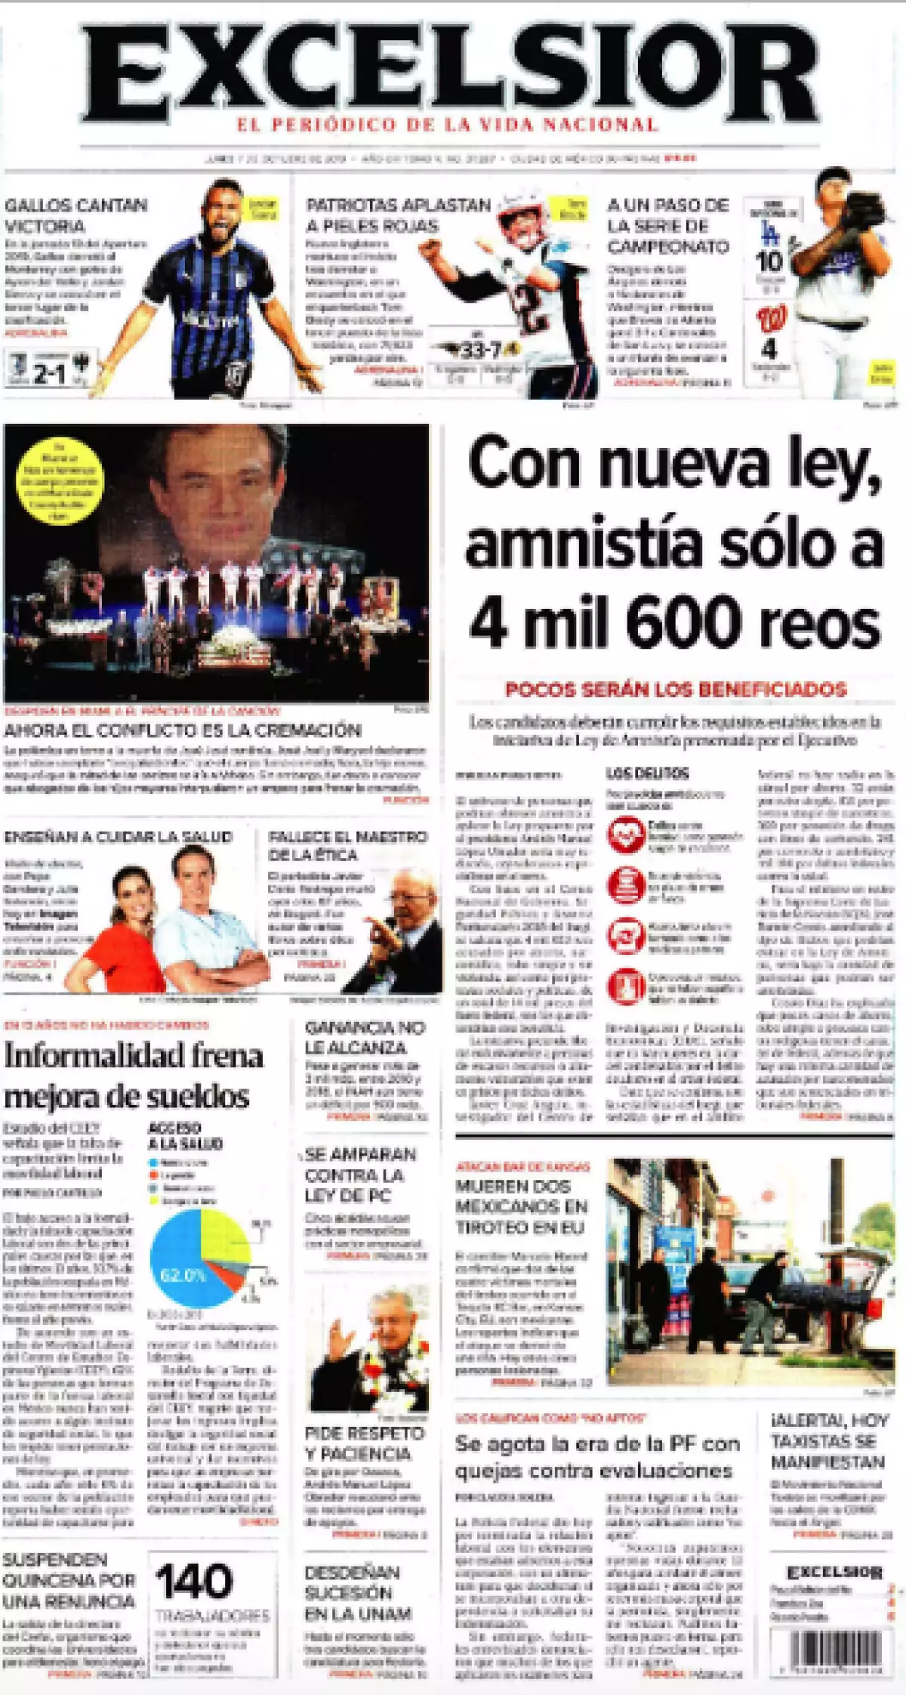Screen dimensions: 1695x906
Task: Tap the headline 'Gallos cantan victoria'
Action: tap(75, 215)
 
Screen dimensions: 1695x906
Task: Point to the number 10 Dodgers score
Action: tap(769, 261)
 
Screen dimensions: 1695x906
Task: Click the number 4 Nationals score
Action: tap(768, 349)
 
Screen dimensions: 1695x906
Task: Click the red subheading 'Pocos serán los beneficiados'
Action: tap(676, 689)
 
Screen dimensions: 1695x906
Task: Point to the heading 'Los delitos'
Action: tap(647, 773)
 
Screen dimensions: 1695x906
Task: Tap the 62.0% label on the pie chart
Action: tap(182, 1276)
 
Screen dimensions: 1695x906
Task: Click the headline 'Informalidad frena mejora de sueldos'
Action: tap(134, 1076)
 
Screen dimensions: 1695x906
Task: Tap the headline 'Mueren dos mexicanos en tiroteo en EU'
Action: tap(521, 1206)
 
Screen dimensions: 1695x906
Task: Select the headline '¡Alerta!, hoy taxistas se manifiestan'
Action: tap(829, 1440)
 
